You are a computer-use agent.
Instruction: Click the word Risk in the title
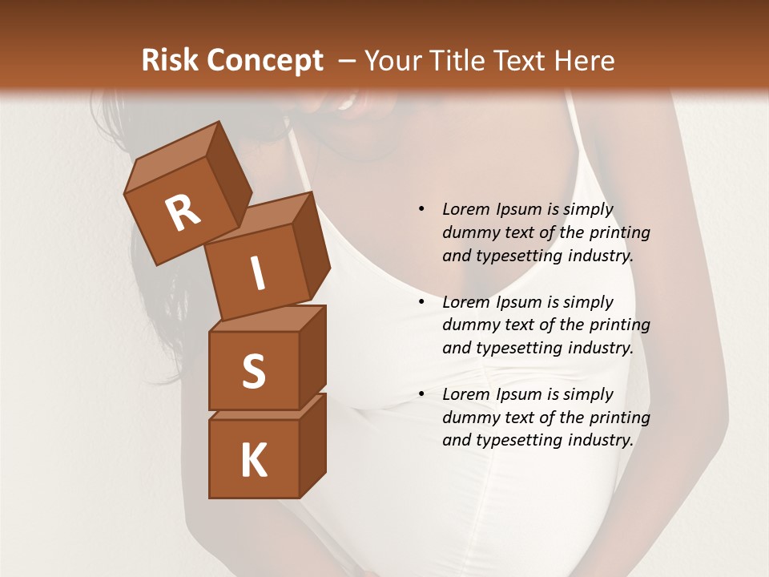pyautogui.click(x=170, y=61)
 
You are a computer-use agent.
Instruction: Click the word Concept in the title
pyautogui.click(x=264, y=61)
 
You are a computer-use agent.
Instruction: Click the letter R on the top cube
pyautogui.click(x=183, y=212)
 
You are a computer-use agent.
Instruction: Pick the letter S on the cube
pyautogui.click(x=253, y=371)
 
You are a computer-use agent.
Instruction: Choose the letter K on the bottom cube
pyautogui.click(x=253, y=460)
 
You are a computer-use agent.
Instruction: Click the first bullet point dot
pyautogui.click(x=421, y=210)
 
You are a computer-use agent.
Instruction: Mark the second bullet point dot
pyautogui.click(x=421, y=302)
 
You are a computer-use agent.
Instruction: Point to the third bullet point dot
pyautogui.click(x=421, y=394)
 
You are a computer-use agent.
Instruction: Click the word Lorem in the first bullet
pyautogui.click(x=465, y=209)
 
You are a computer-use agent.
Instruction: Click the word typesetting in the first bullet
pyautogui.click(x=517, y=256)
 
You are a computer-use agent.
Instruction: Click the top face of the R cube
pyautogui.click(x=170, y=155)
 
